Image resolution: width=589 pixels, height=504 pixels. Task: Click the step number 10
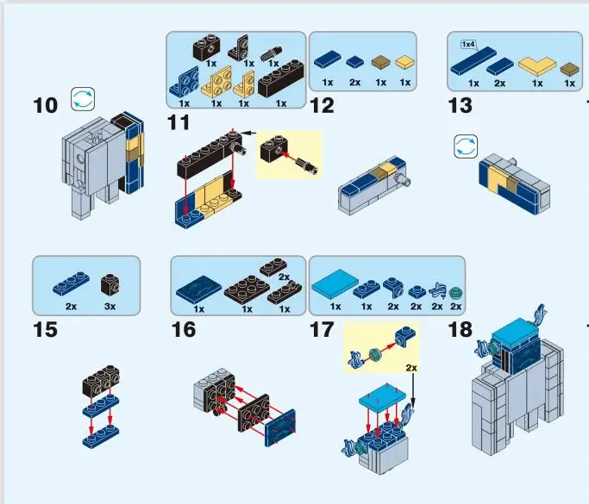coord(45,106)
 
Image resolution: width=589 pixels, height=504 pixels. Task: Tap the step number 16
coord(183,330)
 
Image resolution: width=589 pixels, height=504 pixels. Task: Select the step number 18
coord(461,330)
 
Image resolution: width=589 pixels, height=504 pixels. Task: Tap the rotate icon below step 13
coord(466,146)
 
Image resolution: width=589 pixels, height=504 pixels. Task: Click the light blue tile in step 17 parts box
coord(332,287)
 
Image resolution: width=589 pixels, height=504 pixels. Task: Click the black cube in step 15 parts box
coord(110,285)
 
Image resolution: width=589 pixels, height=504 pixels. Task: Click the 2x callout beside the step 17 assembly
coord(412,367)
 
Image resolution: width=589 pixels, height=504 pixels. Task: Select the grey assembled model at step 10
coord(99,164)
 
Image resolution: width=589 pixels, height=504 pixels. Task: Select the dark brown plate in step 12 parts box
coord(381,63)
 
